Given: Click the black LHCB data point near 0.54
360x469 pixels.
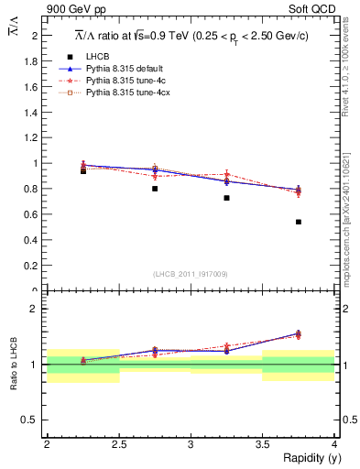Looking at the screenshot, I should point(299,222).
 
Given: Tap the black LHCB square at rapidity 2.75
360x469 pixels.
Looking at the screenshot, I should point(155,189).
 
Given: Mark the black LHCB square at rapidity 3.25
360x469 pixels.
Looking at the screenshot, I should point(226,198).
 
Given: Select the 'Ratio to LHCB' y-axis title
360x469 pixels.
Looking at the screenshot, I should point(14,364).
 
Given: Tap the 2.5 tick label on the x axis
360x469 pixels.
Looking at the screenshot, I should point(119,444).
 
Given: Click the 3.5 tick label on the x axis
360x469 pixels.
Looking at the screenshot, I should point(262,444).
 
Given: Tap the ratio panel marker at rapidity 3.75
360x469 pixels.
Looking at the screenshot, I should point(299,334).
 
